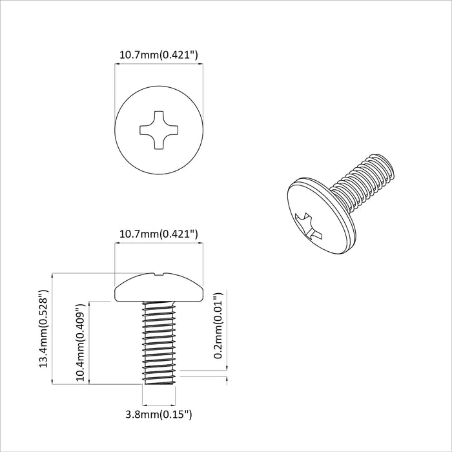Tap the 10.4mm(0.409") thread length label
pyautogui.click(x=81, y=344)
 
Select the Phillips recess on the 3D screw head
pyautogui.click(x=306, y=225)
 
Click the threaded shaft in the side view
pyautogui.click(x=158, y=342)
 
